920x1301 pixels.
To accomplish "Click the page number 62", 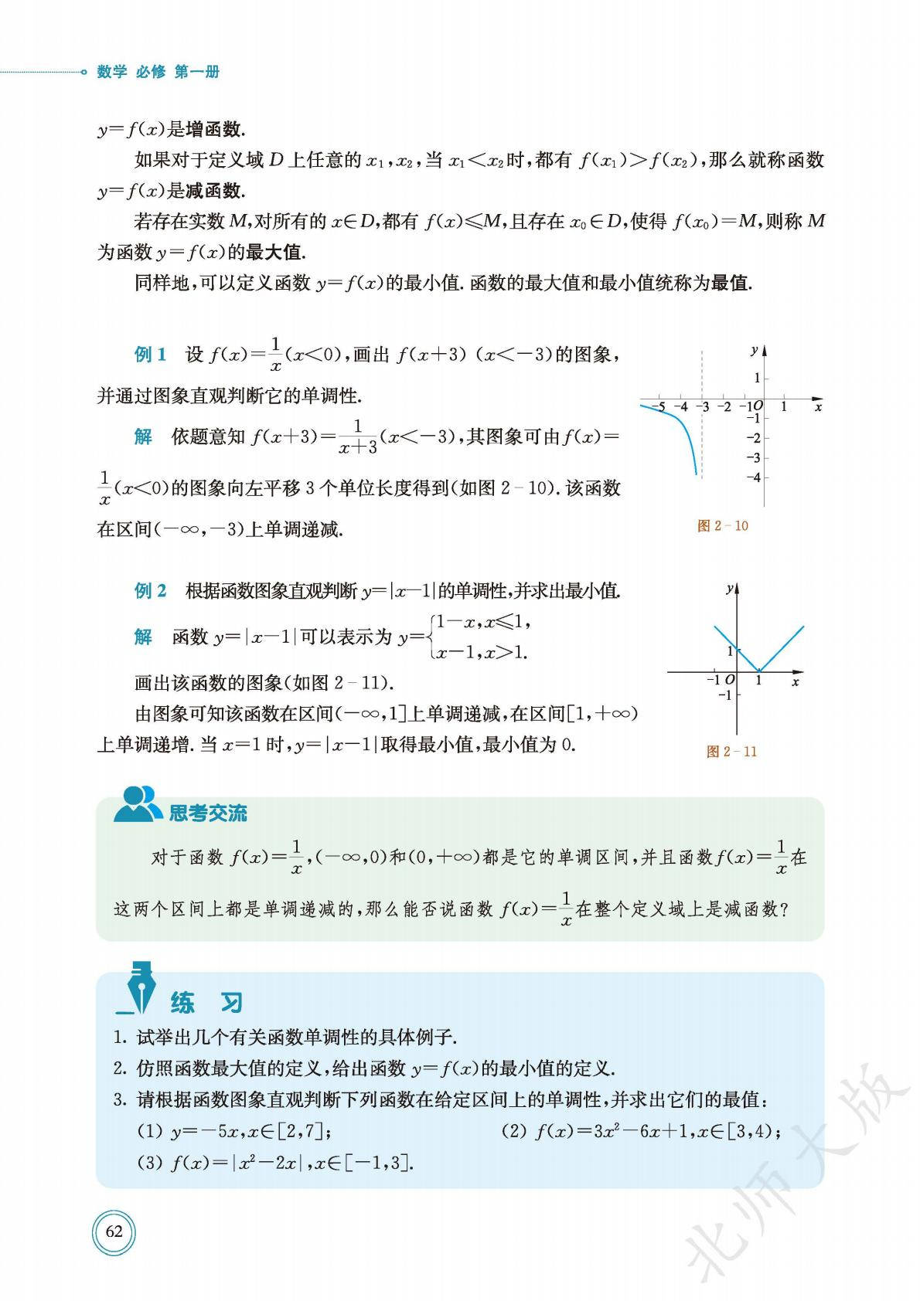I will click(114, 1231).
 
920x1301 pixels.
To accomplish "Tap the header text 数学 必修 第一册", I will click(158, 72).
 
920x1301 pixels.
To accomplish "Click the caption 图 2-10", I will click(723, 526).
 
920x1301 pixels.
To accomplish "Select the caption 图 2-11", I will click(731, 752).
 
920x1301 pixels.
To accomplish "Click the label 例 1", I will click(150, 355).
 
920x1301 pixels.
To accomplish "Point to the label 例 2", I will click(150, 591).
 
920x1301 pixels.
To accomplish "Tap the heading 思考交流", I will click(208, 813).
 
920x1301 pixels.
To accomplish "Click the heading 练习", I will click(206, 1003).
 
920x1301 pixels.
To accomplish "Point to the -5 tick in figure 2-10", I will click(658, 406).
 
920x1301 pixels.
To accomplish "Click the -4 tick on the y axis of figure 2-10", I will click(752, 477).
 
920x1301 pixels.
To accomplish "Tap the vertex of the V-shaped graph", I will click(759, 671).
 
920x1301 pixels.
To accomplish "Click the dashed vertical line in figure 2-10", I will click(702, 448).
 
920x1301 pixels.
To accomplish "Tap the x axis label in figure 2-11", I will click(796, 682).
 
